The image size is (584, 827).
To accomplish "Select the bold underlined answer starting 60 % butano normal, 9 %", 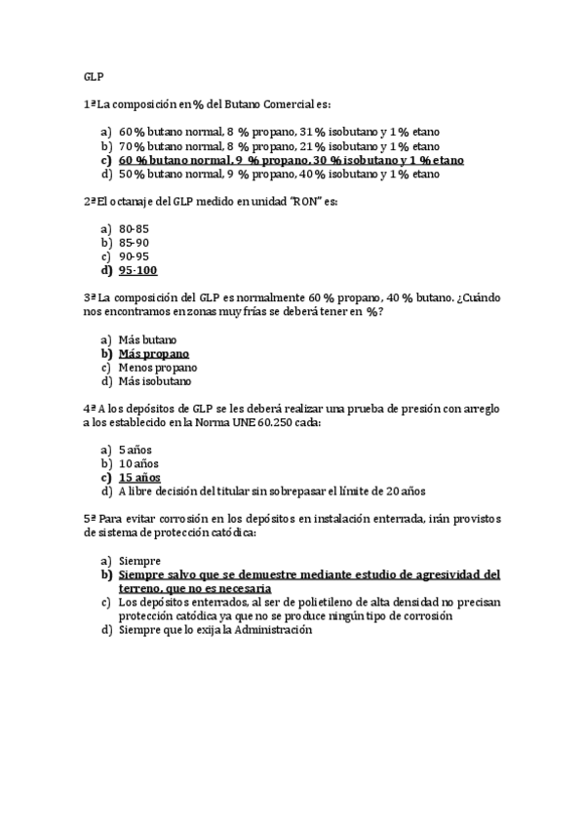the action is pos(291,160).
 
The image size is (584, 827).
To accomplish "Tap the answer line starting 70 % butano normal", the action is pos(278,145).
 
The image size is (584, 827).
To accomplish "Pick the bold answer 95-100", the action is pos(137,271).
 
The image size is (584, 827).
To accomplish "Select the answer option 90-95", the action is pos(134,256).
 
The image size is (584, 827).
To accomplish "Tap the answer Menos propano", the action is pos(157,368).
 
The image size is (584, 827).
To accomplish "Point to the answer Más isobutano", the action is pos(153,381).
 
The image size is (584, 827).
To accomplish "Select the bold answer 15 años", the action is pos(139,478).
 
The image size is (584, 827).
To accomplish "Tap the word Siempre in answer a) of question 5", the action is pos(139,561).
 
